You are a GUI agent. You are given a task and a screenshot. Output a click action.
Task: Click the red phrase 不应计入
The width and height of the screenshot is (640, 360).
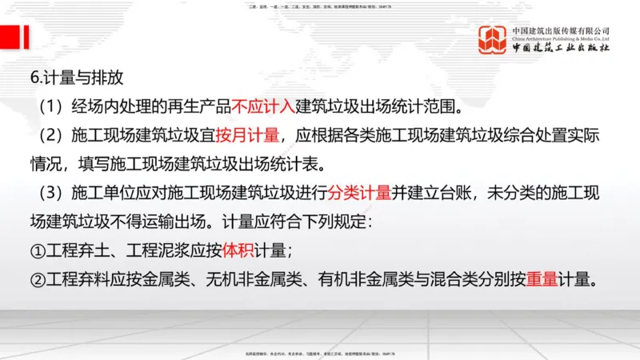pos(263,106)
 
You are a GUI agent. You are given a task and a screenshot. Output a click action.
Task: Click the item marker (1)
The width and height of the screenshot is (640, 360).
pos(43,106)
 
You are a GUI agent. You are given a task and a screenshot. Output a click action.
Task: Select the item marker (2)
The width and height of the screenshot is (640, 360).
pos(43,135)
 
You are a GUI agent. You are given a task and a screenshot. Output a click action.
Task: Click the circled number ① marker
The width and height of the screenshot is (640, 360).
pos(38,250)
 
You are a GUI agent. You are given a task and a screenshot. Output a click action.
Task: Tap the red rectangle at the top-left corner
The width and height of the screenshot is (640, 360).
pos(10,36)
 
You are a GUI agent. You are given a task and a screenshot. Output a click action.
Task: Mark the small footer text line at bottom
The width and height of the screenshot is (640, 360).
pos(319,352)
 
